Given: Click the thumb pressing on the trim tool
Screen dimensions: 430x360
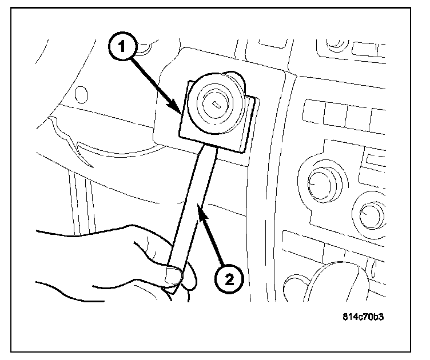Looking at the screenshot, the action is point(174,277).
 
